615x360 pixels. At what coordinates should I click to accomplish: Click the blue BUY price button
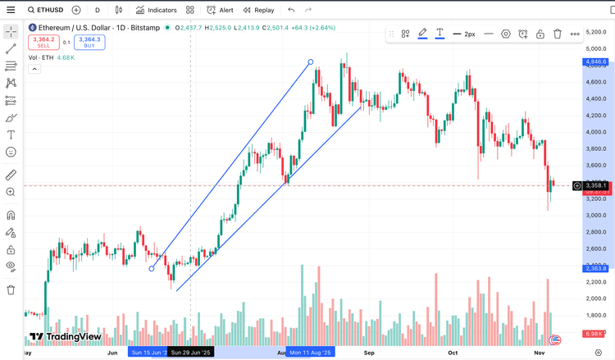click(89, 43)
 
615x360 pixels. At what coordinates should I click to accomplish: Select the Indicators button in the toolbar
click(157, 11)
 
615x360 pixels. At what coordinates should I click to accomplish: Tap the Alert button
click(220, 11)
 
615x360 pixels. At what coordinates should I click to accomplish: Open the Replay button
click(258, 11)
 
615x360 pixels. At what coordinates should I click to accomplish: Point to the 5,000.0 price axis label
click(595, 48)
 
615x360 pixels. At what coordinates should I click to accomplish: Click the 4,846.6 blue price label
click(595, 62)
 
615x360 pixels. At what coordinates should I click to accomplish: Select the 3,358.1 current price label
click(595, 186)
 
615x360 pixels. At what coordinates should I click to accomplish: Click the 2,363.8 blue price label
click(595, 268)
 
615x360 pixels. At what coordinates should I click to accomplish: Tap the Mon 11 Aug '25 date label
click(311, 353)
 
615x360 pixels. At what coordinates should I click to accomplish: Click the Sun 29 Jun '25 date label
click(190, 353)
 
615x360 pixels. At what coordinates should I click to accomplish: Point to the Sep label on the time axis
click(370, 353)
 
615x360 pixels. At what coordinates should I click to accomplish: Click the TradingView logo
click(65, 336)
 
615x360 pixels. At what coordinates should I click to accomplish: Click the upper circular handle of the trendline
click(310, 62)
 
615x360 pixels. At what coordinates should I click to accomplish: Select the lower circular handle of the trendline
click(152, 268)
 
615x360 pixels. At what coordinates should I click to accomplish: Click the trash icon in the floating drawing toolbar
click(558, 34)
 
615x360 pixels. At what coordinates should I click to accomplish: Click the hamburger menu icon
click(11, 11)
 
